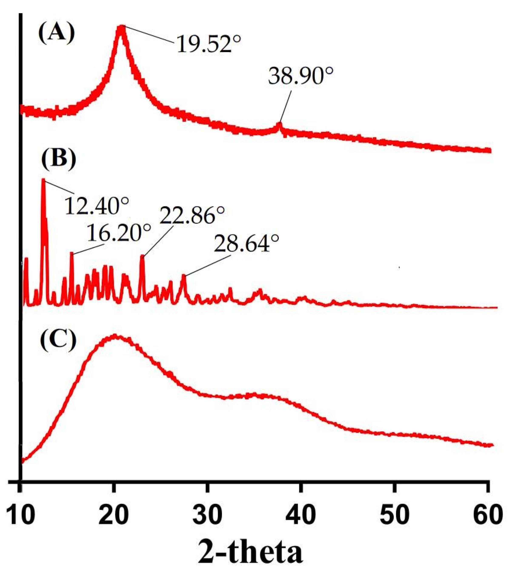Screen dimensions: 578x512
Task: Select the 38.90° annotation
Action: point(301,77)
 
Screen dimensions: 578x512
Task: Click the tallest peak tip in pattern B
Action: point(43,180)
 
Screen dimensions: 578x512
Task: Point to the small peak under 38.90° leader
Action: point(280,124)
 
